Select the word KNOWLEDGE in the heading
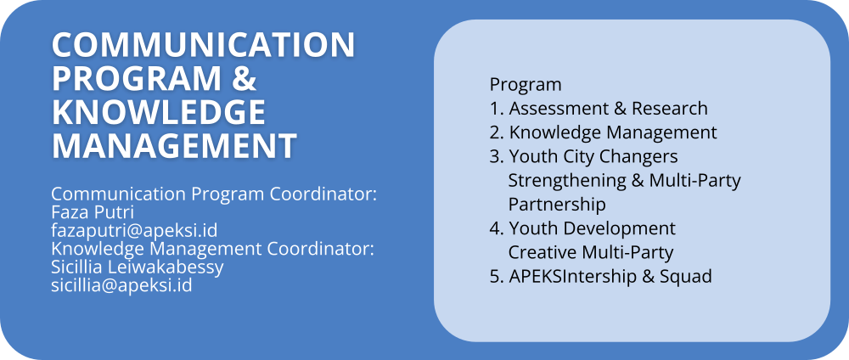159,112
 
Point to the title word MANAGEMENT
174,146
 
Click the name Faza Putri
93,212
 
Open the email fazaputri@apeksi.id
134,231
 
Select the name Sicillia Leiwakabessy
138,267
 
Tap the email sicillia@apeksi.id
121,285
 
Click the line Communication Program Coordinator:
214,194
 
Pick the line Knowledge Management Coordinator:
213,249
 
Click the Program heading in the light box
526,85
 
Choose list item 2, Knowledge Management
603,132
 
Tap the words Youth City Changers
593,156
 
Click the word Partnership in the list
557,205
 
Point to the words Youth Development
593,228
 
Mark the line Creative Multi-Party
591,252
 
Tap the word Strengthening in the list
567,180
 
